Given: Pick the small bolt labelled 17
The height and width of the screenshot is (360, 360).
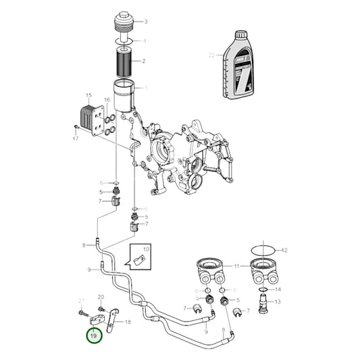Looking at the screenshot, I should (74, 128).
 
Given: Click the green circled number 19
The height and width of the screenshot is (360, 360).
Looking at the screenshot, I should (94, 334).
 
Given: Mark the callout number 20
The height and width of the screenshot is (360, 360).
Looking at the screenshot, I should (101, 297).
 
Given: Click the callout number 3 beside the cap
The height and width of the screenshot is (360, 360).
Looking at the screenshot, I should (145, 22).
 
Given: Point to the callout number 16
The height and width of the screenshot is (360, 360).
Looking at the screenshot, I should (106, 100).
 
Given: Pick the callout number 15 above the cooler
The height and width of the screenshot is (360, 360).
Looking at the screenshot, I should (88, 95).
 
